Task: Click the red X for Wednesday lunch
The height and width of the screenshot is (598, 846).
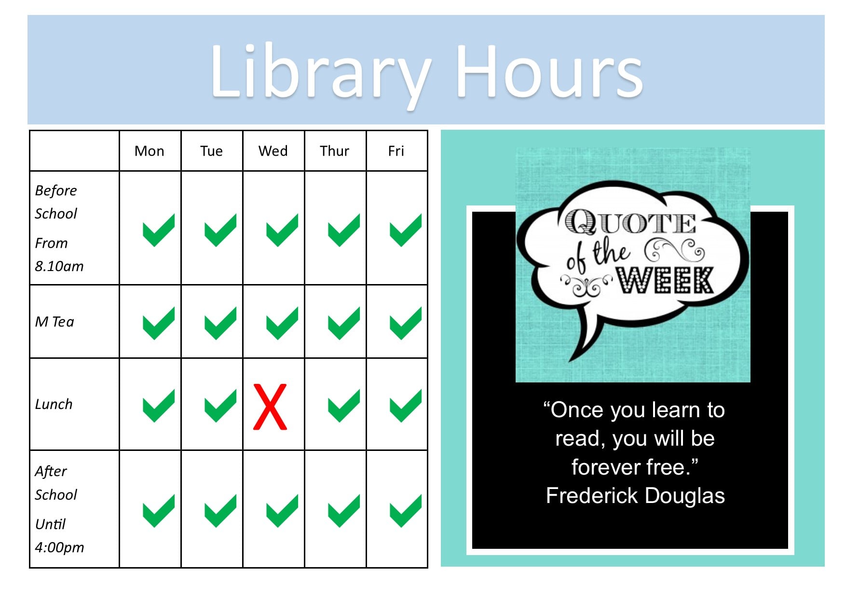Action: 270,407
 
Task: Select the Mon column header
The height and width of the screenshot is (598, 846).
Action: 150,151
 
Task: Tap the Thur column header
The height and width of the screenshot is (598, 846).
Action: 334,151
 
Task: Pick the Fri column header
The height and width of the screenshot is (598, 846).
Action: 396,151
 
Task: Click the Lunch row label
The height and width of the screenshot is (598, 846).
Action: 54,404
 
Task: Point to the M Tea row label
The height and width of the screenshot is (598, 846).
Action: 55,322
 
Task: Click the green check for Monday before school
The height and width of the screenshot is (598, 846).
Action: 159,230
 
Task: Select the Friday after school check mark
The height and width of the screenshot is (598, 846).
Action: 406,510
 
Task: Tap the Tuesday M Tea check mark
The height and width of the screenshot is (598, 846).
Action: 220,323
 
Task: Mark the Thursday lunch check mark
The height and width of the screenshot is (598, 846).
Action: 344,406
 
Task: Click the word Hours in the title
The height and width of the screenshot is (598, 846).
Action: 549,71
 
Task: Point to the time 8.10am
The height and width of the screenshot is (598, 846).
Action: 59,266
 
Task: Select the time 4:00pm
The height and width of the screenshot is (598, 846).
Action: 59,547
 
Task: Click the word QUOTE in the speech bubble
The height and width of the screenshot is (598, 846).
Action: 630,222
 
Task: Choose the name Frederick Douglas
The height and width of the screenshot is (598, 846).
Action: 635,496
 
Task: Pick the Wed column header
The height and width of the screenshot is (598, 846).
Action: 273,151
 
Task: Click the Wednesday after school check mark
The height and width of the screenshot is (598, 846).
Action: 282,510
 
